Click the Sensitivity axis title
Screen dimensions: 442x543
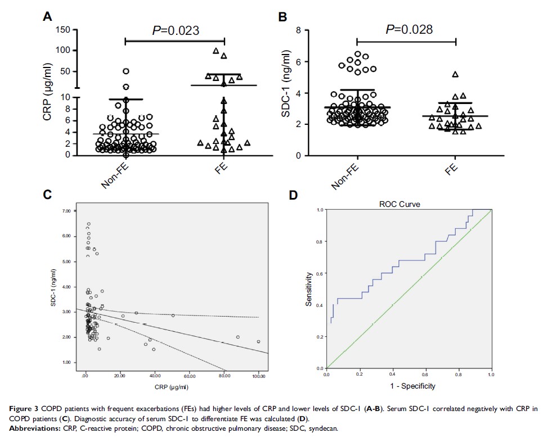coord(308,289)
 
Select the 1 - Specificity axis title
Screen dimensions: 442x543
coord(410,386)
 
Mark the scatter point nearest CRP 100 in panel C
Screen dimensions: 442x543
coord(258,341)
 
